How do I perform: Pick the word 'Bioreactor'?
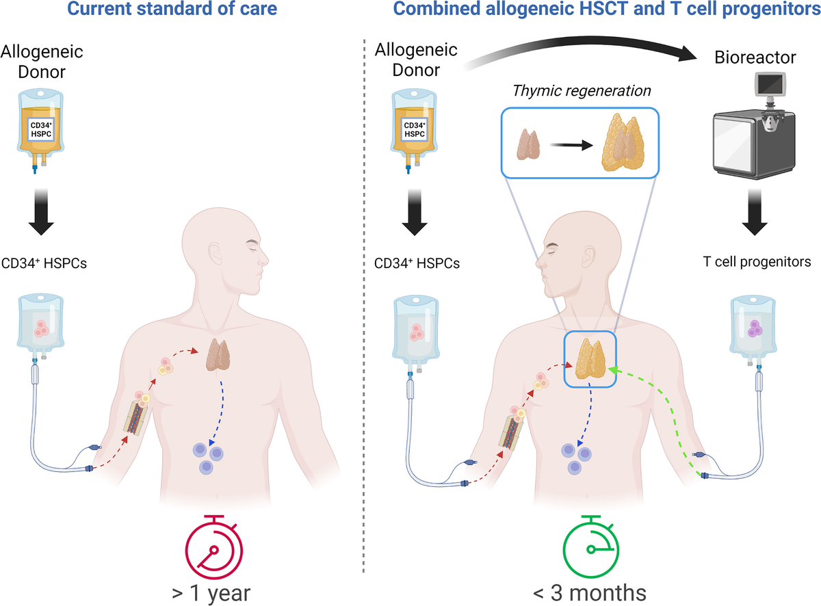point(765,57)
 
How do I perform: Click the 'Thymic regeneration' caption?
point(582,90)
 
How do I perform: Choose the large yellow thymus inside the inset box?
point(623,143)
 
